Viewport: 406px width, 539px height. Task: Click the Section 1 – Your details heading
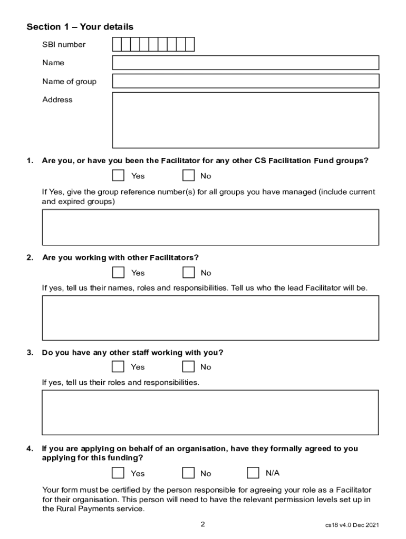[80, 27]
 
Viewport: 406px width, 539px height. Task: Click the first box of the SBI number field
[117, 44]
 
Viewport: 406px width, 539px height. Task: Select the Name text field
[245, 63]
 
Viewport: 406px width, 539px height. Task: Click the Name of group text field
[245, 81]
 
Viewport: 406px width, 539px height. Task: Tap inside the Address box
[245, 120]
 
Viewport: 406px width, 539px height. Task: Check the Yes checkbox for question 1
[119, 175]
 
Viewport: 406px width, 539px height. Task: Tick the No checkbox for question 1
[188, 175]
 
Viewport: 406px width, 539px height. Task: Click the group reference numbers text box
[210, 227]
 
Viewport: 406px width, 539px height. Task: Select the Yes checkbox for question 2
[119, 272]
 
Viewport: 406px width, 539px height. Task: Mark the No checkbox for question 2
[188, 272]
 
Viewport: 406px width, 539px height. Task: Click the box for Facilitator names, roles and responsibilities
[210, 317]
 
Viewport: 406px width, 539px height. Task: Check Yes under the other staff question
[119, 366]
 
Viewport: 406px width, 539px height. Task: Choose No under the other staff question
[188, 366]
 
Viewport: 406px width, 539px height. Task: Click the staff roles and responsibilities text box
[210, 412]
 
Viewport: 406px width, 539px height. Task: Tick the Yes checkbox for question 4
[119, 473]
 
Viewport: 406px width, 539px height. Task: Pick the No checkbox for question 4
[188, 473]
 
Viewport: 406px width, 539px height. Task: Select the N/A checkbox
[253, 473]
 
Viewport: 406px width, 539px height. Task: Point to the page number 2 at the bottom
[202, 524]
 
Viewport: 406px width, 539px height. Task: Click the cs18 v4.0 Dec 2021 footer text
[352, 525]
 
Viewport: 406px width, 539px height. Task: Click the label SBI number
[64, 45]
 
